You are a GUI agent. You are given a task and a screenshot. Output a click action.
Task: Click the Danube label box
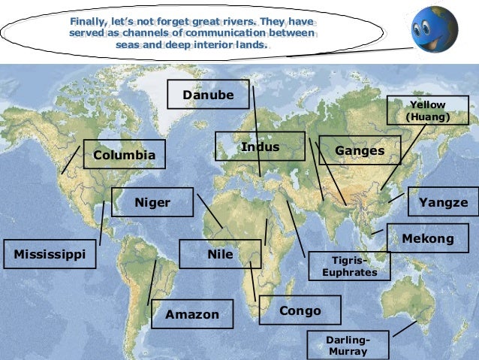(x=208, y=95)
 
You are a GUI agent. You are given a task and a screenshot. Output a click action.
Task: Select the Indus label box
(x=260, y=147)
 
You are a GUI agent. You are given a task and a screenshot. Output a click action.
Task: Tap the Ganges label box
(x=360, y=150)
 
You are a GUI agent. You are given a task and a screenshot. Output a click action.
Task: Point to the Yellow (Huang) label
(x=427, y=110)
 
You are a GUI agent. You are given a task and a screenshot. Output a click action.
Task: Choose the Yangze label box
(x=443, y=202)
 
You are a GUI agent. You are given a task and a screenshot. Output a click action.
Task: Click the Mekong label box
(x=428, y=238)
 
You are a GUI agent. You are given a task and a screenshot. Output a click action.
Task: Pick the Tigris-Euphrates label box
(x=349, y=265)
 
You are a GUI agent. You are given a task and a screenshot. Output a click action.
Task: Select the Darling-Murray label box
(x=348, y=345)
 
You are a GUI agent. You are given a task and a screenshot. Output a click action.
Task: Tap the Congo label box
(x=300, y=310)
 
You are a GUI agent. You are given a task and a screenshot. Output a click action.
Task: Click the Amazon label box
(x=192, y=313)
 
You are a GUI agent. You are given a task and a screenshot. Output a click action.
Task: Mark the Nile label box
(x=220, y=254)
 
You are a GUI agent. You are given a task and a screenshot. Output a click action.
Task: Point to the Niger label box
(x=152, y=202)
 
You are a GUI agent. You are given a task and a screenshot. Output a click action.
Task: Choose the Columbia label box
(x=124, y=155)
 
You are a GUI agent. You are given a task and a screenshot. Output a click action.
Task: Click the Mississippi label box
(x=50, y=254)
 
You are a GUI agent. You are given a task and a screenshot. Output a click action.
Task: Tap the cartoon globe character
(x=434, y=30)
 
